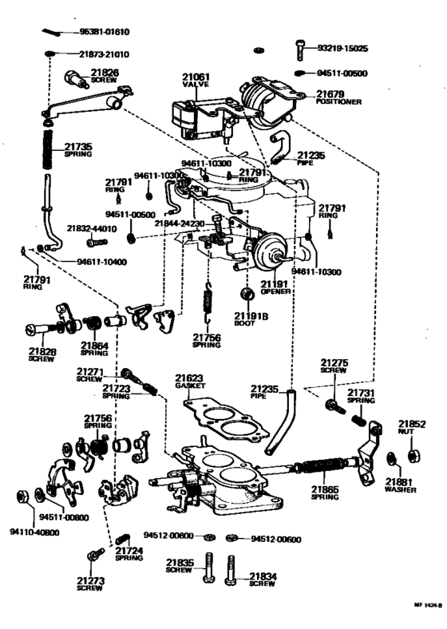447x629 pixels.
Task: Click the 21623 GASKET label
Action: tap(190, 381)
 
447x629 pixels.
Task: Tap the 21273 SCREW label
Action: tap(90, 584)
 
